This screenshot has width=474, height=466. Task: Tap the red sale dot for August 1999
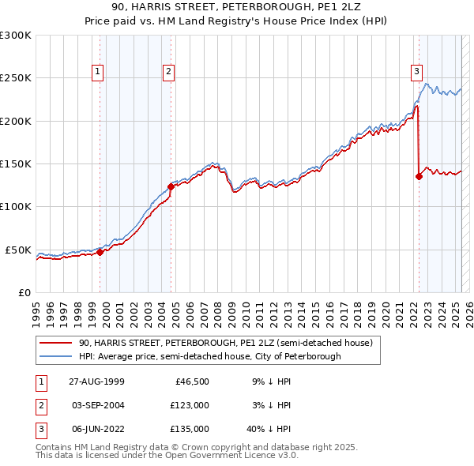tap(100, 252)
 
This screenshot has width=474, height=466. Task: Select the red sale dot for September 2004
tap(171, 186)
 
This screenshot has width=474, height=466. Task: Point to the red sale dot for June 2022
tap(419, 176)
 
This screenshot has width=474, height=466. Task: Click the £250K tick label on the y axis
tap(16, 78)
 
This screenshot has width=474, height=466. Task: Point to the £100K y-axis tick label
tap(16, 207)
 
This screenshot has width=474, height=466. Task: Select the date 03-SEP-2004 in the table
tap(98, 405)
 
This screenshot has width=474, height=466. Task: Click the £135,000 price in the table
tap(190, 429)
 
